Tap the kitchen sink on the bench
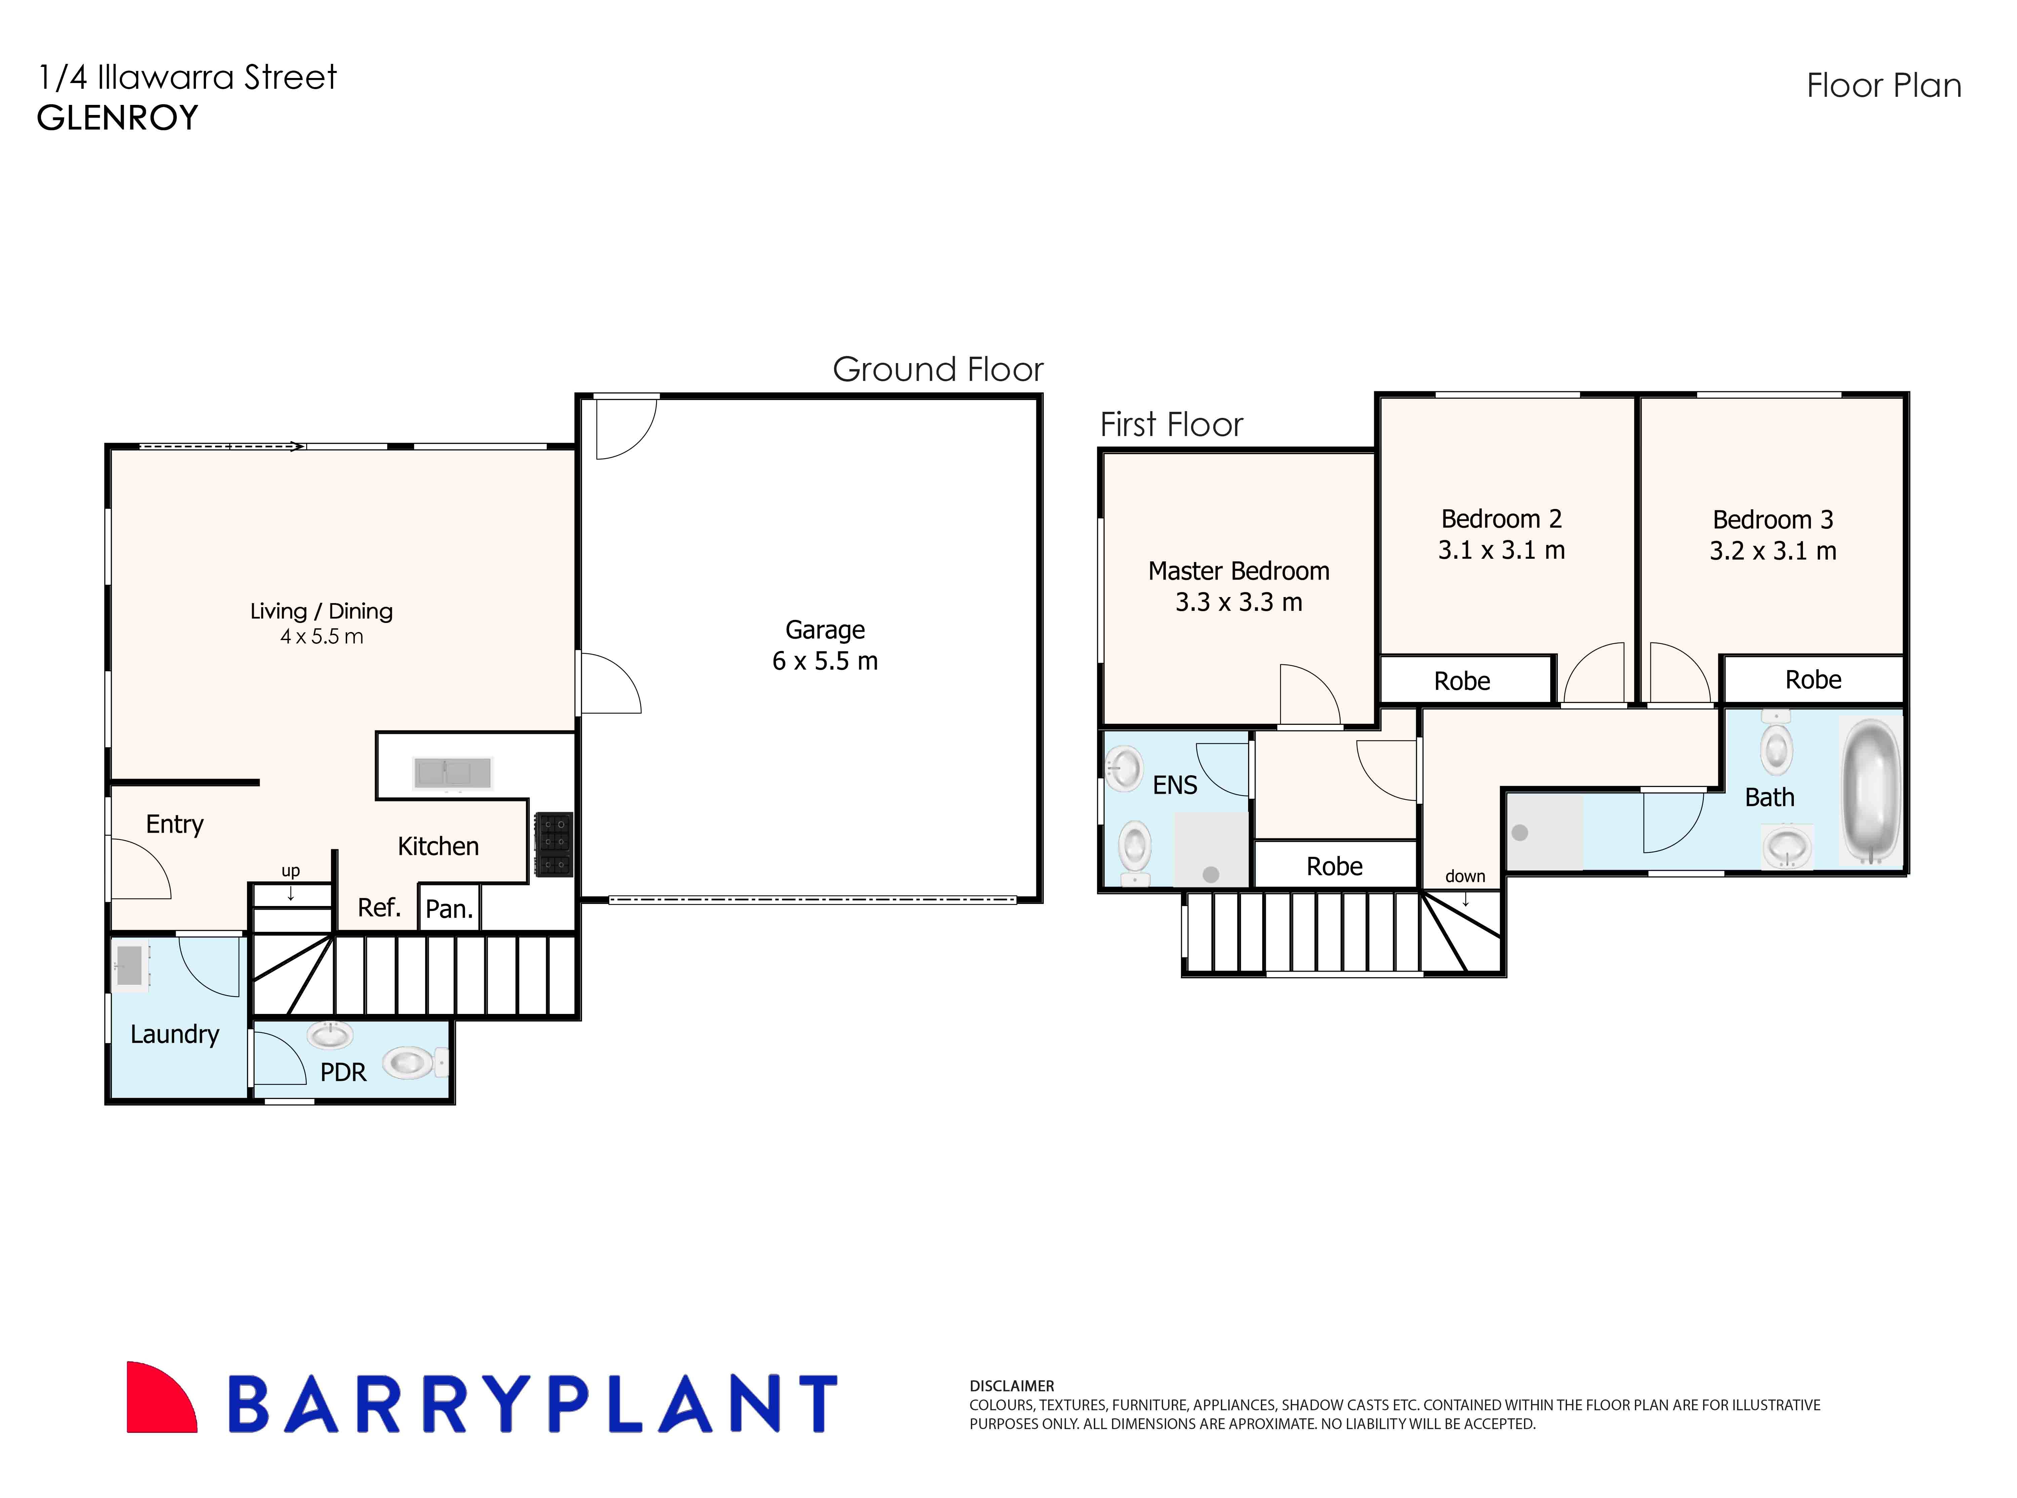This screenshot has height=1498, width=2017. coord(452,773)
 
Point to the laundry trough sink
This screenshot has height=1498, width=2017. coord(130,965)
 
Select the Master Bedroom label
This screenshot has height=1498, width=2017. coord(1238,571)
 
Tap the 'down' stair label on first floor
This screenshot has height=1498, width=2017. coord(1465,876)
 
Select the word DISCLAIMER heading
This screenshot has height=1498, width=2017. coord(1012,1386)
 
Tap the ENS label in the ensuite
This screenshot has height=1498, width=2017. coord(1175,785)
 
